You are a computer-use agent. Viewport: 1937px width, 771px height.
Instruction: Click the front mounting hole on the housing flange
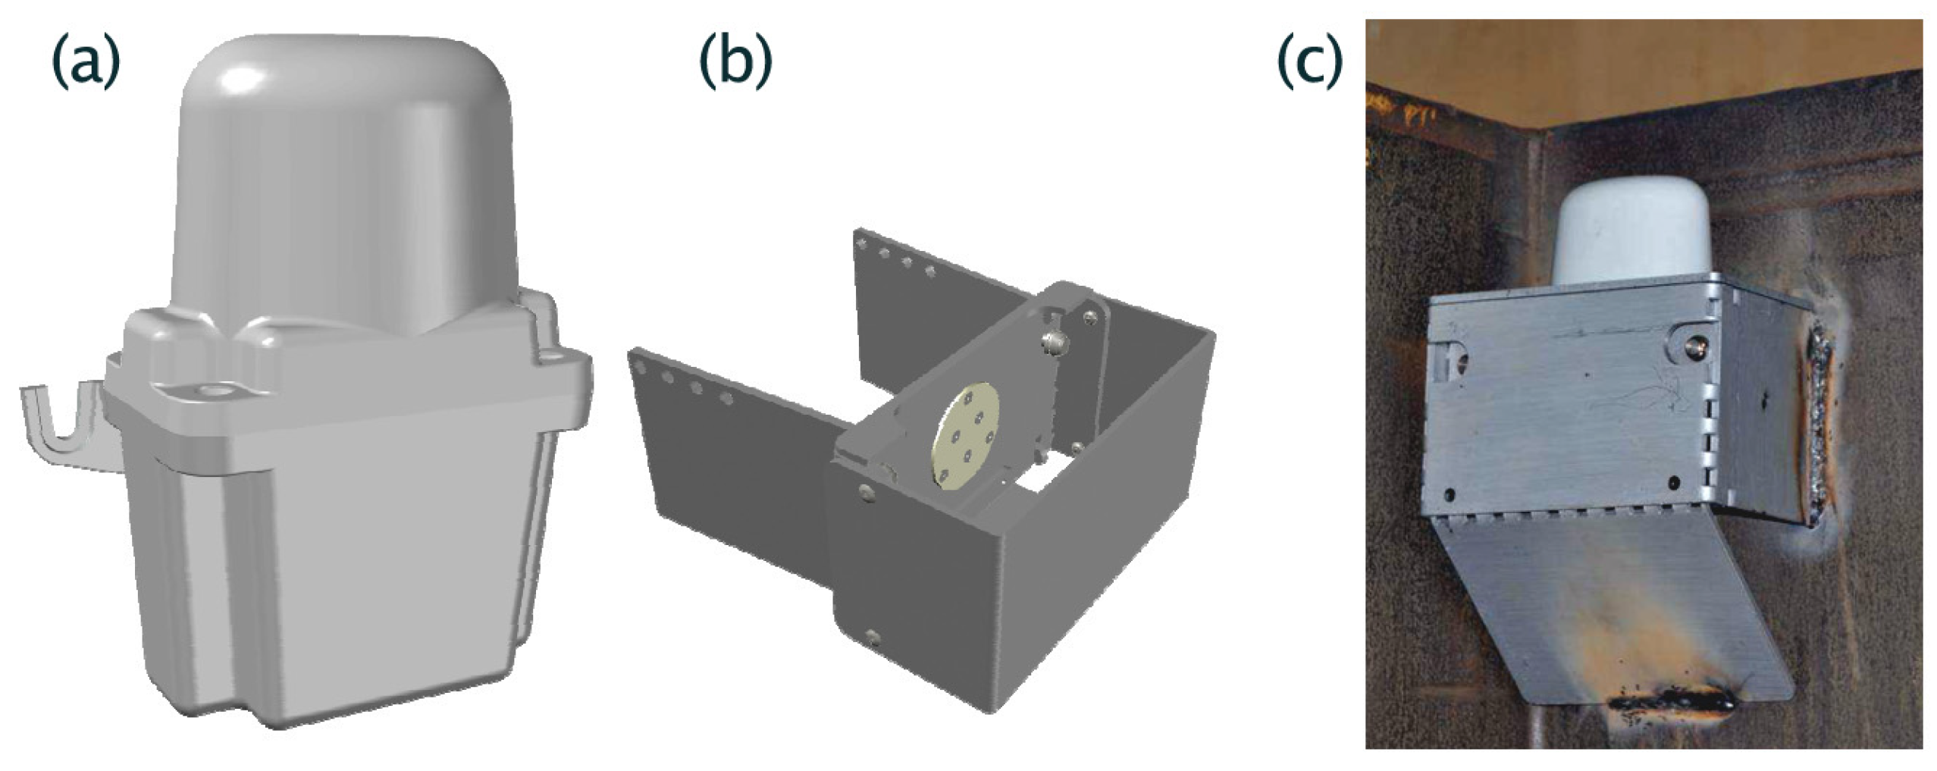210,391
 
